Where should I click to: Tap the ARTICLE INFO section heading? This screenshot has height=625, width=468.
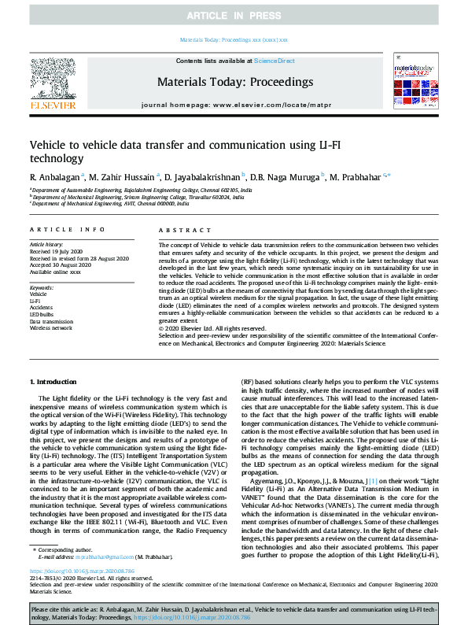67,229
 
